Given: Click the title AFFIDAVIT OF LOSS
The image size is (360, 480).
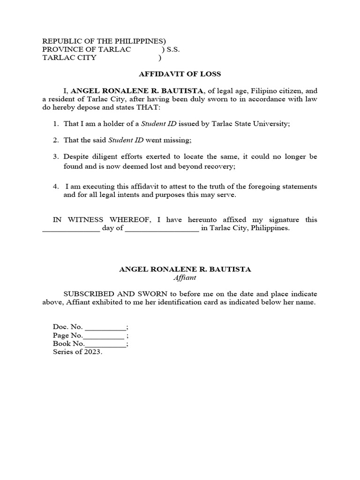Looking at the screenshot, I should point(180,74).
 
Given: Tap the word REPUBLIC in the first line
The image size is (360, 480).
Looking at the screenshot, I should point(60,41).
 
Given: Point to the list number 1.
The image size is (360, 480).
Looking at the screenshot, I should point(55,124).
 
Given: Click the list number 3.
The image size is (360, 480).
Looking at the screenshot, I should point(55,157).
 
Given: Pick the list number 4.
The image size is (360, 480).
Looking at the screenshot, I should point(55,187).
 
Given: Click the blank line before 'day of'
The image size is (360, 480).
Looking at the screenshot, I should point(71,230).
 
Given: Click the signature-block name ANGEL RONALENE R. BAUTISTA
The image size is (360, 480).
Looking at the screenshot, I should point(185,269).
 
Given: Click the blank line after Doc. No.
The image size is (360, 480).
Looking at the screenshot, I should point(105,328).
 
